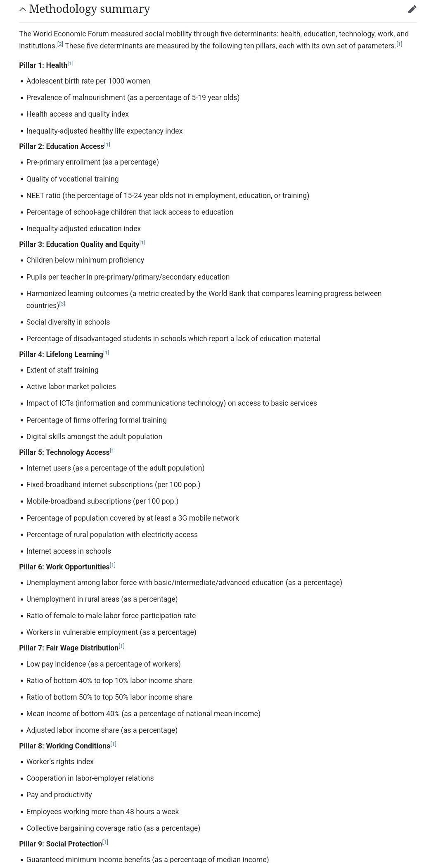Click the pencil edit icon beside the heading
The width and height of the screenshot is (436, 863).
(412, 10)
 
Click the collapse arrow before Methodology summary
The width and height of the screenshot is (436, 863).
(23, 9)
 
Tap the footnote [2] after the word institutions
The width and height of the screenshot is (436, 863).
(60, 44)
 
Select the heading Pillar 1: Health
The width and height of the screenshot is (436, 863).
(43, 65)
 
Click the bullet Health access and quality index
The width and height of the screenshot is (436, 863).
(77, 114)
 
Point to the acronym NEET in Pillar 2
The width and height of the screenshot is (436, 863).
(35, 196)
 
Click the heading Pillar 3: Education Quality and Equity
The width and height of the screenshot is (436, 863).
(79, 244)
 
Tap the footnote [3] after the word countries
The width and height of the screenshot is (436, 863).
(62, 304)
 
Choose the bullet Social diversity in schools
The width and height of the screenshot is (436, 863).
(68, 322)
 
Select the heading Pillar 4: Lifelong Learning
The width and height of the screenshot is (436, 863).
(61, 354)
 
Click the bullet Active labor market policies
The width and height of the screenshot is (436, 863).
(71, 387)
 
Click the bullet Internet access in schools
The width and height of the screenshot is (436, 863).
(69, 551)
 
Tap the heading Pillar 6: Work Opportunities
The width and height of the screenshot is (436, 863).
(64, 567)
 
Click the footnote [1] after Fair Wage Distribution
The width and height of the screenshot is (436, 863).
(122, 646)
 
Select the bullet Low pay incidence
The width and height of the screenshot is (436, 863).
(103, 664)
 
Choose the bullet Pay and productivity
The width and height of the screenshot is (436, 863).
(59, 795)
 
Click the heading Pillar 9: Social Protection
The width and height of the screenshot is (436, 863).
(60, 844)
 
